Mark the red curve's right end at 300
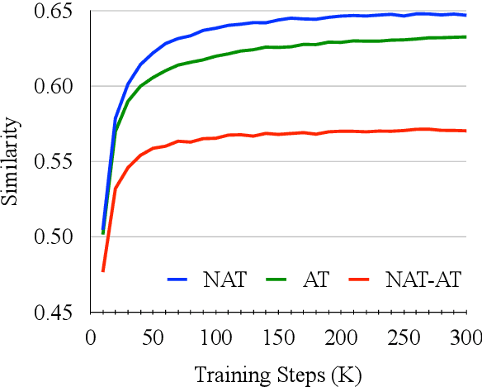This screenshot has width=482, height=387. [466, 131]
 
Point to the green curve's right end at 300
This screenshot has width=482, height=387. [466, 36]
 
